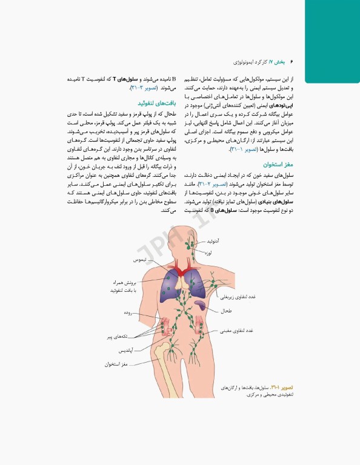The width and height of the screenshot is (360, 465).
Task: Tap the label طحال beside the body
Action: click(225, 311)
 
